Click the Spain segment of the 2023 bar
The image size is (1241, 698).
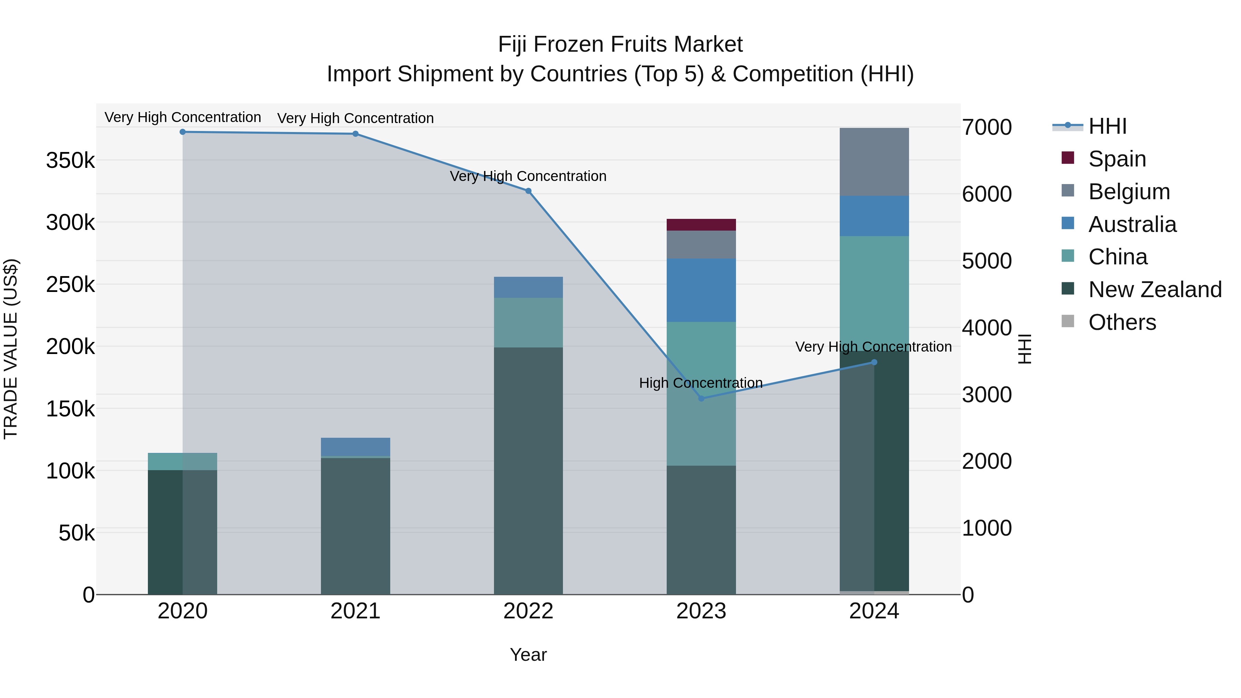701,224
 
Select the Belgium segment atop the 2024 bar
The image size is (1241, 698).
874,162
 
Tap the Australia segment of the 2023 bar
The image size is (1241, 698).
701,290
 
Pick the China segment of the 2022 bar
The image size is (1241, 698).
528,322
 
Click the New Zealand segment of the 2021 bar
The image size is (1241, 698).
355,525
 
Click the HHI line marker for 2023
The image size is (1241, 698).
701,398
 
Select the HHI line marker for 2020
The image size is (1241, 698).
183,132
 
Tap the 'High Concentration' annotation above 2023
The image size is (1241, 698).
700,383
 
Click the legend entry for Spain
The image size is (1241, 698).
1117,159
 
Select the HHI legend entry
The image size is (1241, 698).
1107,126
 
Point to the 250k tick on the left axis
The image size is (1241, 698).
70,285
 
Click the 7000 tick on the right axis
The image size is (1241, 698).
987,127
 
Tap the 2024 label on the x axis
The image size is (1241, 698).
874,611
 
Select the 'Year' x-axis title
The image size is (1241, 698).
528,655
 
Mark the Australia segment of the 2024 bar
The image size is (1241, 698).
874,216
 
